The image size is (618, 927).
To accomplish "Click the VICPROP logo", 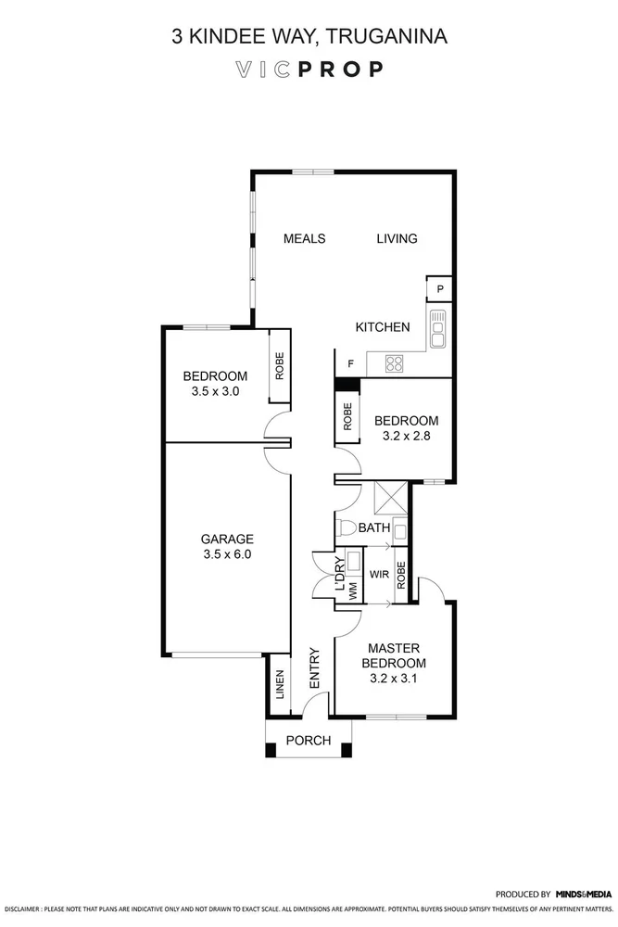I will [x=309, y=70].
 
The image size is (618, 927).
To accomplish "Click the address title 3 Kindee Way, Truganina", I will [x=309, y=37].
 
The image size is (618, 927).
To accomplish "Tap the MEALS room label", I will [x=304, y=238].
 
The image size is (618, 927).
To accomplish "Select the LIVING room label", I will [x=397, y=238].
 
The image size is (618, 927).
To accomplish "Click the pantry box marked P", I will [x=440, y=290].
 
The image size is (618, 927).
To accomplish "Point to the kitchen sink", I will [x=438, y=327].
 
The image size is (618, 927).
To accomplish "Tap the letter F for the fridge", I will [x=349, y=363].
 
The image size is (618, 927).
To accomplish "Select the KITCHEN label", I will [x=383, y=327].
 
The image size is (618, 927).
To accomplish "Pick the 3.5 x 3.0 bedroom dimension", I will [x=215, y=391].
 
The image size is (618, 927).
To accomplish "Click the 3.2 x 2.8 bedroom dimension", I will [x=406, y=435].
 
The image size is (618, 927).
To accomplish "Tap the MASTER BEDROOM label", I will [x=397, y=655].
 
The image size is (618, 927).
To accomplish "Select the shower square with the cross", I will [x=388, y=500].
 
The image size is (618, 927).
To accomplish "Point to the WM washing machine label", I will [x=353, y=590].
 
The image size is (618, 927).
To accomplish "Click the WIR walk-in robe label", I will [x=378, y=575].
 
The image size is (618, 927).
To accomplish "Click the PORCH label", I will [x=308, y=740].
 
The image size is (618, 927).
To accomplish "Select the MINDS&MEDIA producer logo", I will [x=583, y=895].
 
